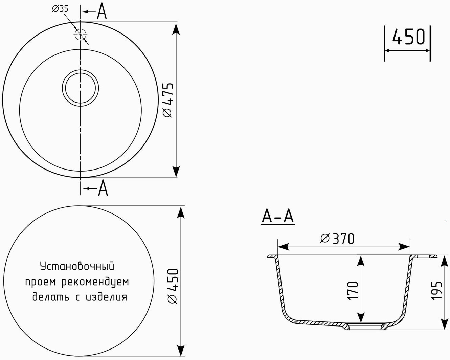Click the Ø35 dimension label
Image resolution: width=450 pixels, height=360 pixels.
[60, 9]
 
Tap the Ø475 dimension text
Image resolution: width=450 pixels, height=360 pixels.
[168, 100]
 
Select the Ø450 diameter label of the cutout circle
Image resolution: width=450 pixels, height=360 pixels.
[173, 286]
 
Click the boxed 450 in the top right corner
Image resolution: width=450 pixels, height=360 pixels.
[408, 37]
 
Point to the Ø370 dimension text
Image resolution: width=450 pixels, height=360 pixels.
[337, 239]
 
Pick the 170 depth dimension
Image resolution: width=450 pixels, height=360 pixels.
[353, 291]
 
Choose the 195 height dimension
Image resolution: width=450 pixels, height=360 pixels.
[437, 291]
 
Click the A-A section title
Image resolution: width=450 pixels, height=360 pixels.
[278, 217]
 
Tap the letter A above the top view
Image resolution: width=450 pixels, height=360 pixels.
[102, 11]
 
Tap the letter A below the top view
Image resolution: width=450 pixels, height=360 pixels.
[103, 188]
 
